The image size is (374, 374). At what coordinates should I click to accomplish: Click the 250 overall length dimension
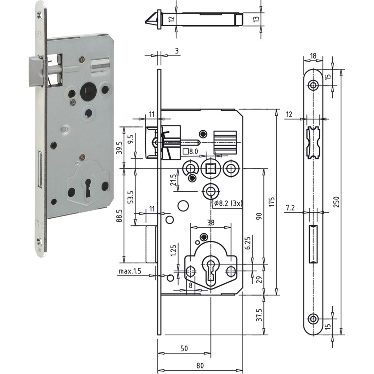pyautogui.click(x=336, y=202)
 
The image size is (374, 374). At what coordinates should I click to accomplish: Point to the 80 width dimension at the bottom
pyautogui.click(x=200, y=365)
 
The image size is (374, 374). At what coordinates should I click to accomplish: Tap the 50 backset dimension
pyautogui.click(x=184, y=348)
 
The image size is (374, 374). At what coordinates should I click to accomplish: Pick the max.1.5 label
pyautogui.click(x=130, y=271)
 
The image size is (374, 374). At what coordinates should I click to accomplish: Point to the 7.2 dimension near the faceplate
pyautogui.click(x=290, y=207)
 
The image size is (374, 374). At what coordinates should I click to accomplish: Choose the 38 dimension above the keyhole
pyautogui.click(x=211, y=222)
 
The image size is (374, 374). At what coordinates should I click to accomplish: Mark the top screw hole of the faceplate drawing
pyautogui.click(x=313, y=85)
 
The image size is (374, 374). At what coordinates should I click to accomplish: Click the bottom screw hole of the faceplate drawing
pyautogui.click(x=313, y=318)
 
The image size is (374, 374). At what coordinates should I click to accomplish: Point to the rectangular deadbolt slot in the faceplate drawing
pyautogui.click(x=313, y=244)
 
